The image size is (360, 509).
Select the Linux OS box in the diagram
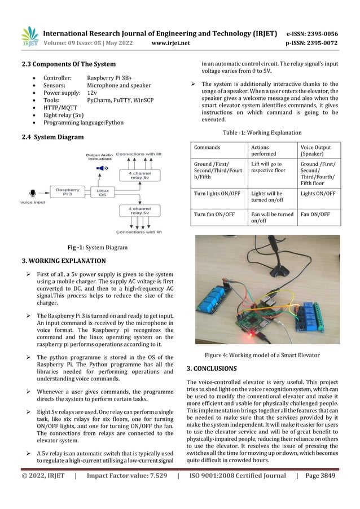[103, 194]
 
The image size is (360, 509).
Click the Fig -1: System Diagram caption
[97, 247]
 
